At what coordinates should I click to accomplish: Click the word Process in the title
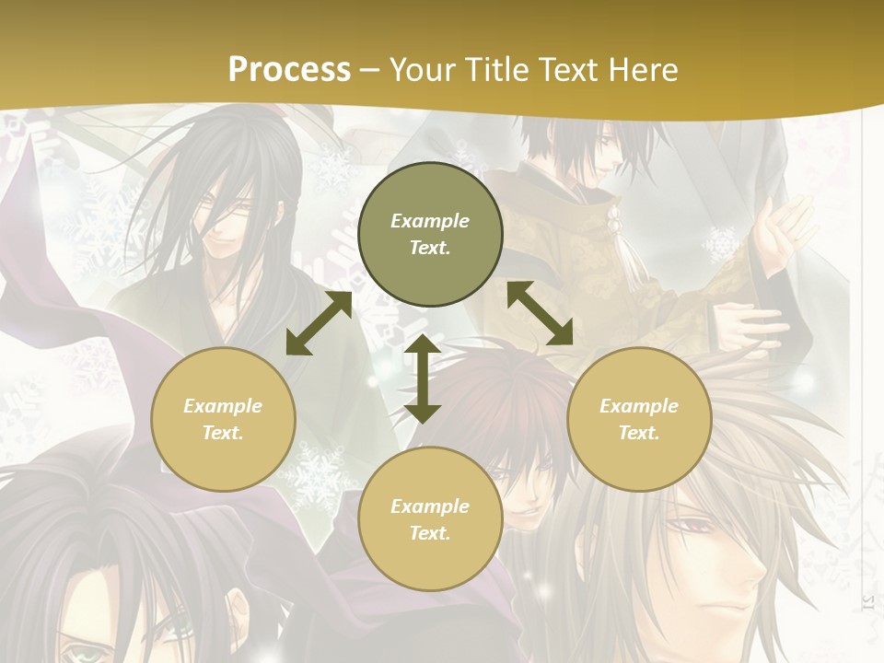(x=289, y=69)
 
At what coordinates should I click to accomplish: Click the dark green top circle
(x=430, y=234)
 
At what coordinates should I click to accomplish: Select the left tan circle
(x=223, y=419)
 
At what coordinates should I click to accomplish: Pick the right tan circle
(x=639, y=419)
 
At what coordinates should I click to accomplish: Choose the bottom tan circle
(x=430, y=519)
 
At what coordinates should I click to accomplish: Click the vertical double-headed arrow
(x=423, y=378)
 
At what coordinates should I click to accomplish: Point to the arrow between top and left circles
(x=319, y=323)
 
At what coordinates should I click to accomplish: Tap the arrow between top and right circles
(x=541, y=314)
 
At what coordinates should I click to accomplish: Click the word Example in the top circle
(x=430, y=221)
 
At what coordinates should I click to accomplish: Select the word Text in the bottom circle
(x=428, y=533)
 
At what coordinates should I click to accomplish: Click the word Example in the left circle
(x=223, y=406)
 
